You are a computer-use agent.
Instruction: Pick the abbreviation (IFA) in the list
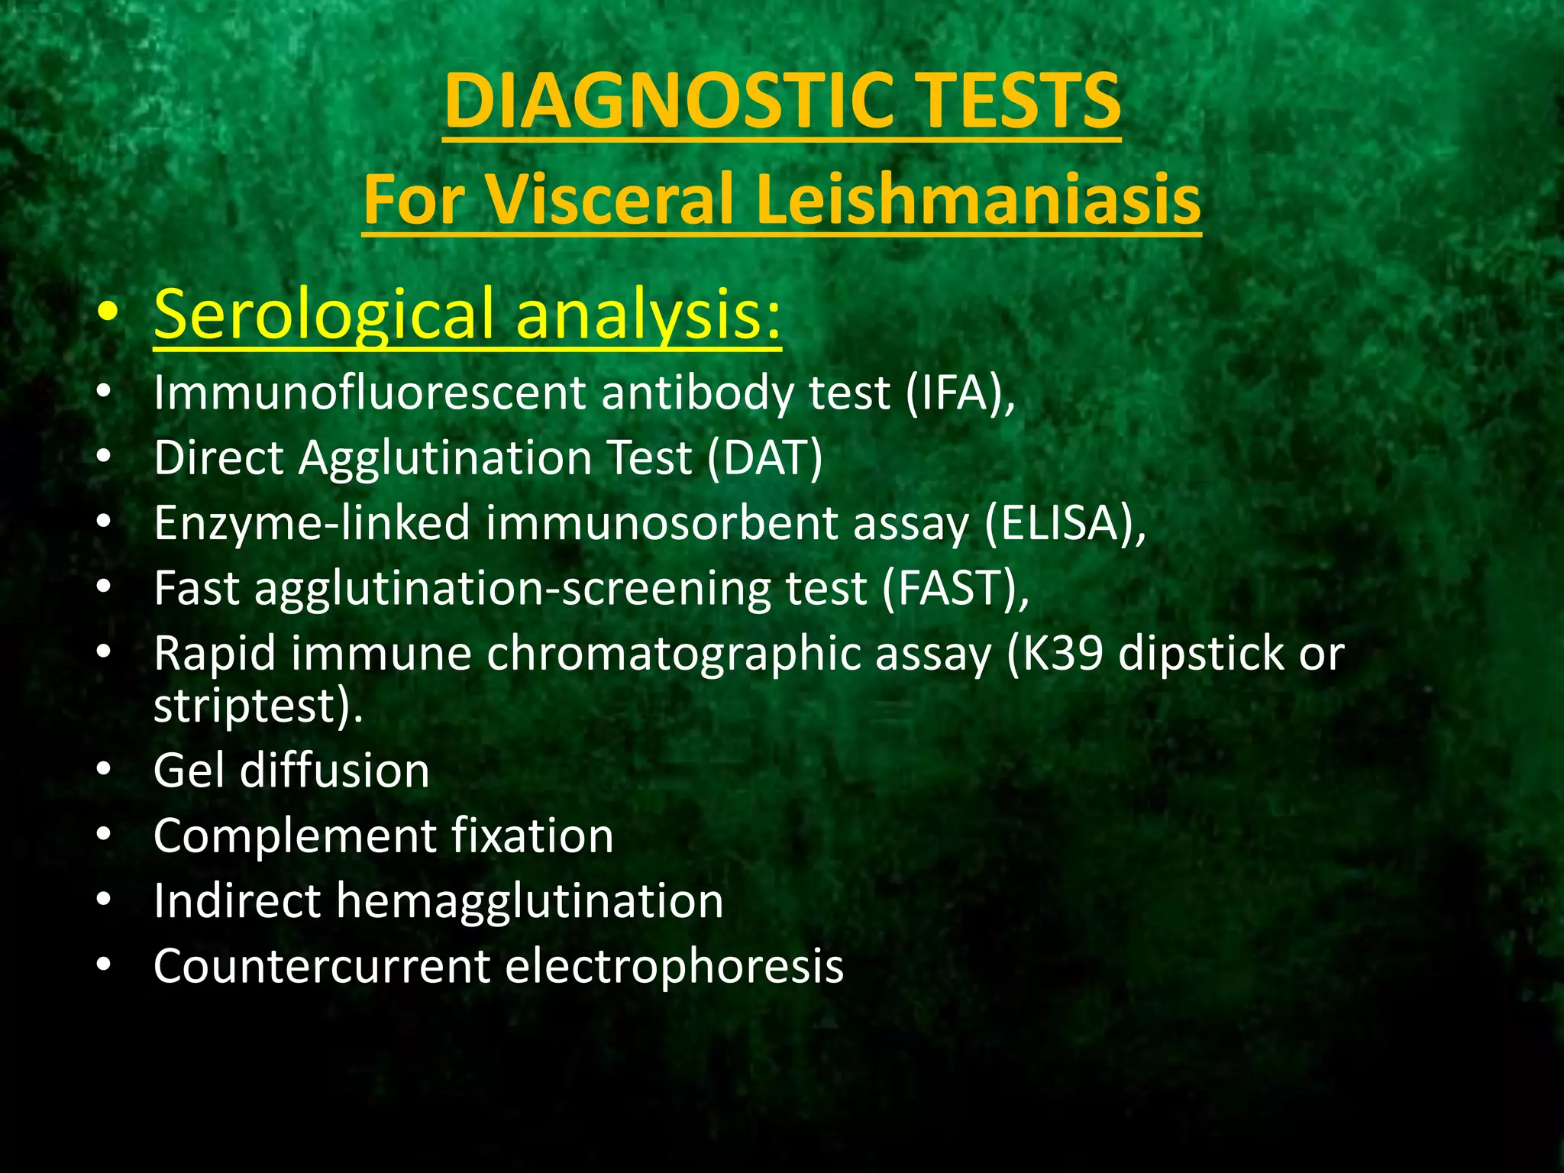[x=959, y=393]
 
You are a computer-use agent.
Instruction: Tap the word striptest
[x=244, y=706]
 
